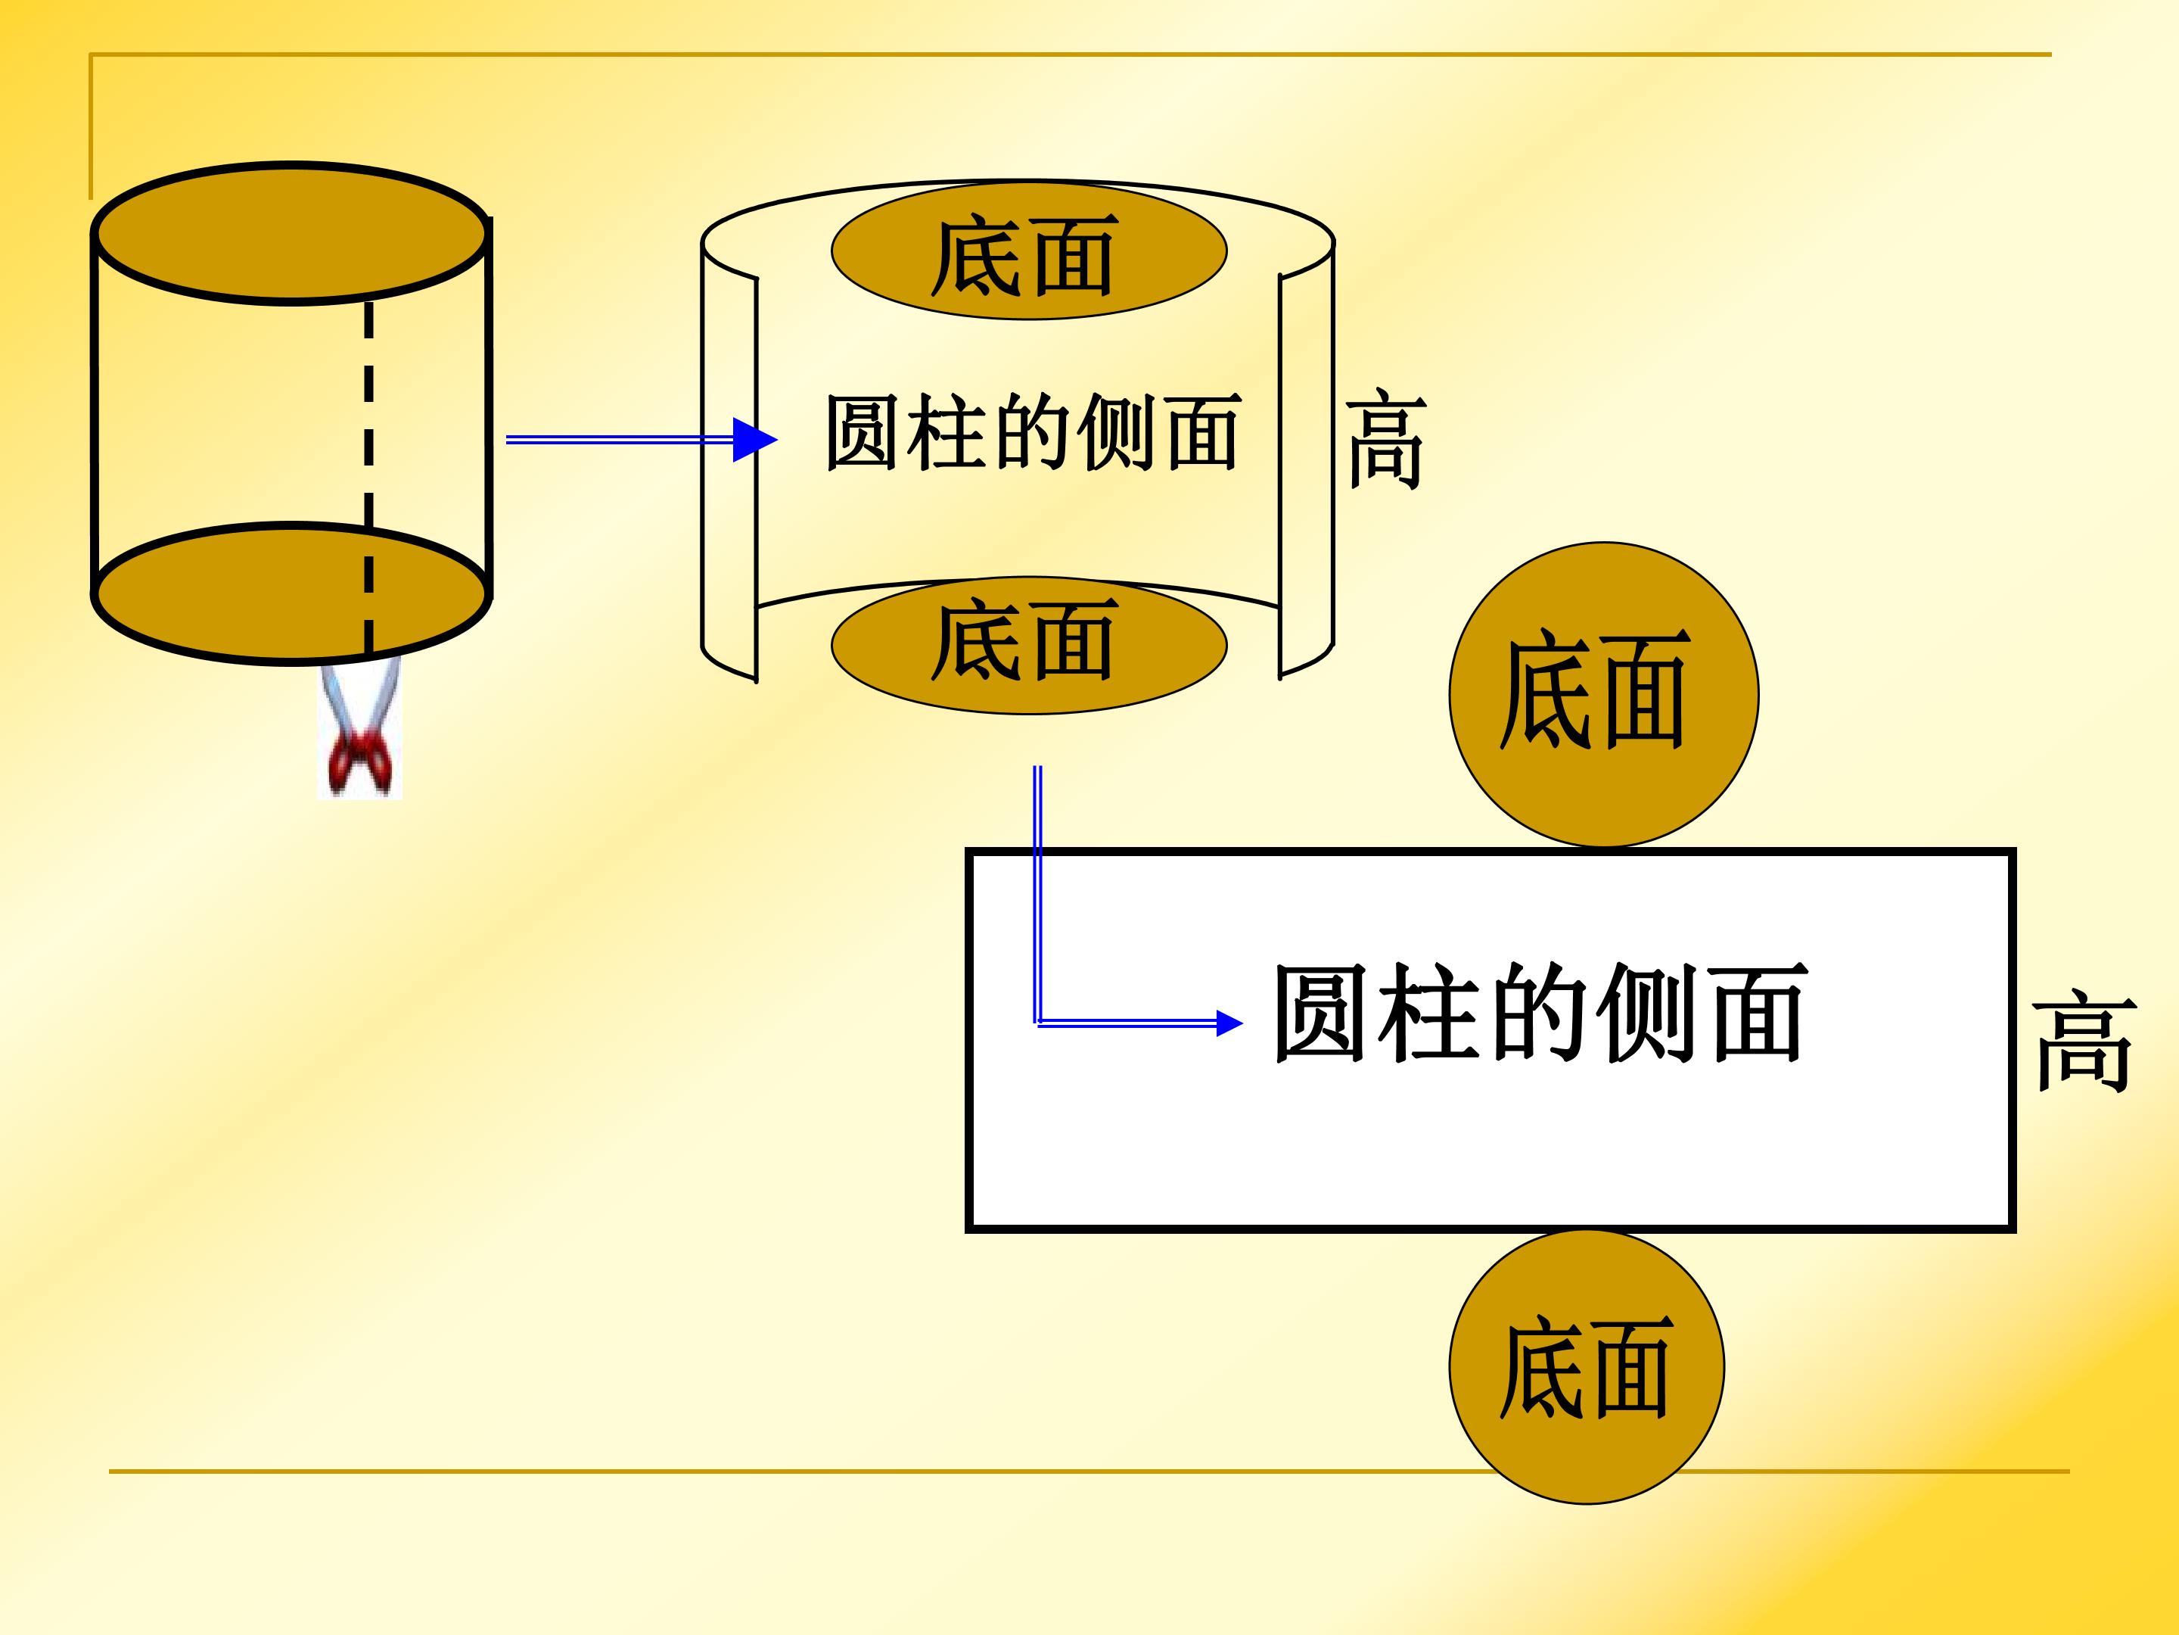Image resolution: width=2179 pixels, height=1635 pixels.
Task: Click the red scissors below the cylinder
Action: point(362,729)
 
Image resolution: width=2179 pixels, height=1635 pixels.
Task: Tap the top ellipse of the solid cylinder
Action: point(291,234)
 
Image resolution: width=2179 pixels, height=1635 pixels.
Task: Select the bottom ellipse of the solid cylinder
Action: point(291,593)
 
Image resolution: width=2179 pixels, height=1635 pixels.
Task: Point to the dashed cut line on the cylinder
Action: point(368,478)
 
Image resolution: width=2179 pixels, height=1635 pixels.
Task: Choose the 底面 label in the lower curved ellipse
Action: point(1024,640)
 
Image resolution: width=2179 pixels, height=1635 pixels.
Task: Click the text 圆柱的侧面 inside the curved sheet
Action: point(1032,433)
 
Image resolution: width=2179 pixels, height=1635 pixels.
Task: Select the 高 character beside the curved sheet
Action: point(1386,438)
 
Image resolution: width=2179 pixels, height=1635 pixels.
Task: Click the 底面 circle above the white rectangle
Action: point(1604,695)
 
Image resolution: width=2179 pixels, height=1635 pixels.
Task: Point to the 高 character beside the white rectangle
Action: point(2084,1042)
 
